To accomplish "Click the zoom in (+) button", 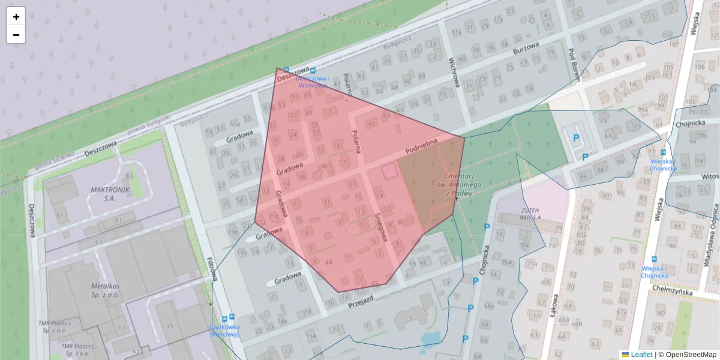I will pyautogui.click(x=16, y=17).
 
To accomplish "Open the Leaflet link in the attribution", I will pyautogui.click(x=641, y=355).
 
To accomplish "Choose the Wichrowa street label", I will pyautogui.click(x=454, y=72).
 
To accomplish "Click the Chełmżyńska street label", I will pyautogui.click(x=671, y=292).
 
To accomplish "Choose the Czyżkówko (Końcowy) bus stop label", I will pyautogui.click(x=224, y=330).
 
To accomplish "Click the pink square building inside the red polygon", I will pyautogui.click(x=389, y=171).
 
